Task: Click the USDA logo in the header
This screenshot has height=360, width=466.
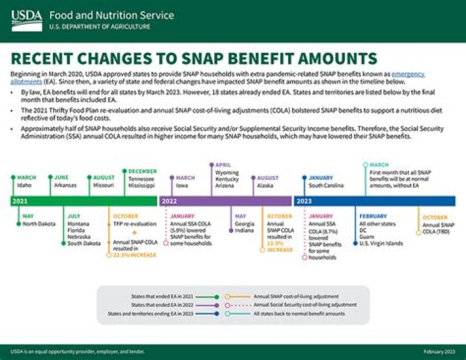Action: tap(27, 20)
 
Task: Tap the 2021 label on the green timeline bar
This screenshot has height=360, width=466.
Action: tap(19, 201)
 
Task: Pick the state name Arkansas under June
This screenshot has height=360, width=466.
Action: tap(65, 185)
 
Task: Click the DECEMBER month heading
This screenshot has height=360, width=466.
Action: tap(142, 171)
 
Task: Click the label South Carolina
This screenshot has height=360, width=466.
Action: tap(326, 185)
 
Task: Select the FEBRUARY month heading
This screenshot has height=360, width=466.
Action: tap(373, 216)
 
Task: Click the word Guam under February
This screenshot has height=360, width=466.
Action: tap(366, 237)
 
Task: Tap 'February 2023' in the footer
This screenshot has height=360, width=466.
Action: tap(439, 352)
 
